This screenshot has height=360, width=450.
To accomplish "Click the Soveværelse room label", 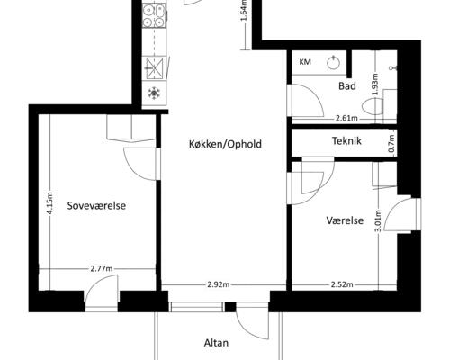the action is pos(96,206).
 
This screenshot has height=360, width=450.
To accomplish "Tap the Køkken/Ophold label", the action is pos(225,144).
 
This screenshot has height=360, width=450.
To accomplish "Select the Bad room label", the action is pos(347,86).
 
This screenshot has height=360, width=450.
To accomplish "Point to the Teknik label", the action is pos(346,140).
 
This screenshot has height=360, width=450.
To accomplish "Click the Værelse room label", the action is pos(345,220).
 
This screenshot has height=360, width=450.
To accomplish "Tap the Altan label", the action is pos(216,343).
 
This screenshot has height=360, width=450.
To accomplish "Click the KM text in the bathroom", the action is pos(305,62).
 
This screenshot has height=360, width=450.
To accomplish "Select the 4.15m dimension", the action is pos(49,203).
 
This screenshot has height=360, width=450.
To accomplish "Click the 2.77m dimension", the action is pos(102,268).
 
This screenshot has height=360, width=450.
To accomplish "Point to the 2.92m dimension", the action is pos(219,284).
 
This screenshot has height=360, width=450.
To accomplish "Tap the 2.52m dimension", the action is pos(342,284).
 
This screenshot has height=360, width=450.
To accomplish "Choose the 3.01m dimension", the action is pos(378,220).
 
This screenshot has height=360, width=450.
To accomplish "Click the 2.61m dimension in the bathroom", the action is pos(346,119).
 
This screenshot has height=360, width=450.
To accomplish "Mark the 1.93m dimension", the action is pos(375,85).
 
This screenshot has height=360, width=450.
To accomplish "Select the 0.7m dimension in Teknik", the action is pos(391,143).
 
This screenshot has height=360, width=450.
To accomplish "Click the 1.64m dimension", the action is pos(244,11).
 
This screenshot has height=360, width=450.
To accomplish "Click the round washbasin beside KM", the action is pos(333,62).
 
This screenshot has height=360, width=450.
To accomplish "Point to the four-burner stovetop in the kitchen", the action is pos(154,15).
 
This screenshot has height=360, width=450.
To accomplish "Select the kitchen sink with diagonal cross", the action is pos(155,68).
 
